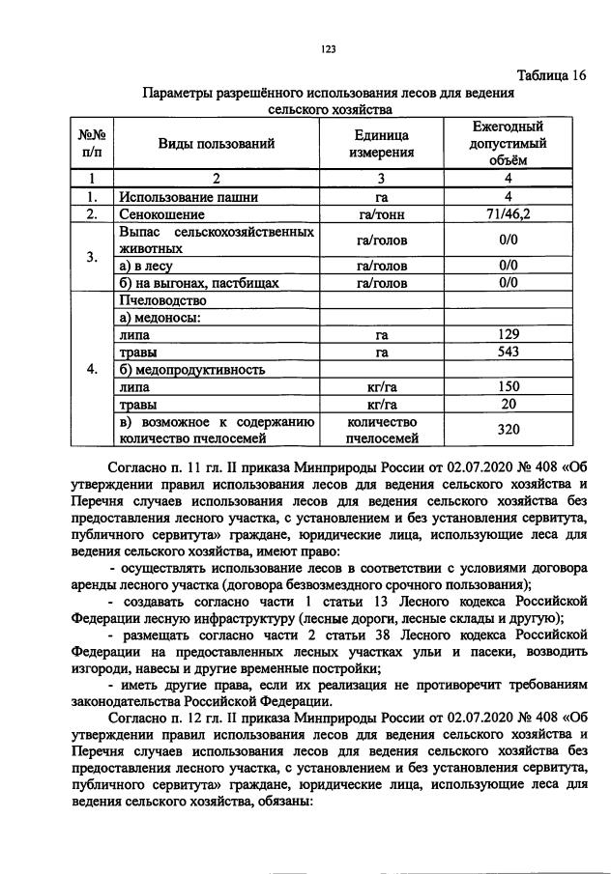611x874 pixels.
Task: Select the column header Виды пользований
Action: click(x=217, y=144)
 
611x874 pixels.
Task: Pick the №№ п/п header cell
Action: click(x=91, y=144)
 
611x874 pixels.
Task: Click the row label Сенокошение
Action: click(x=161, y=214)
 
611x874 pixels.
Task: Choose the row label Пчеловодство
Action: click(x=159, y=300)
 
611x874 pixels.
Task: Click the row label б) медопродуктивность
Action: click(x=191, y=370)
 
